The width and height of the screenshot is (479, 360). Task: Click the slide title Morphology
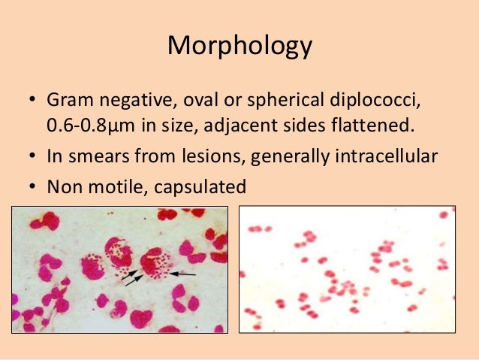[x=239, y=46]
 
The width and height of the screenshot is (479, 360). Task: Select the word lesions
[x=206, y=156]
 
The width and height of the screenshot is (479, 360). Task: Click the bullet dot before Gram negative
[x=32, y=101]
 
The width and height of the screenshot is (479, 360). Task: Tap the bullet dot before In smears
[x=32, y=157]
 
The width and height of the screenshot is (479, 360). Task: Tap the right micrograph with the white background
[x=347, y=269]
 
